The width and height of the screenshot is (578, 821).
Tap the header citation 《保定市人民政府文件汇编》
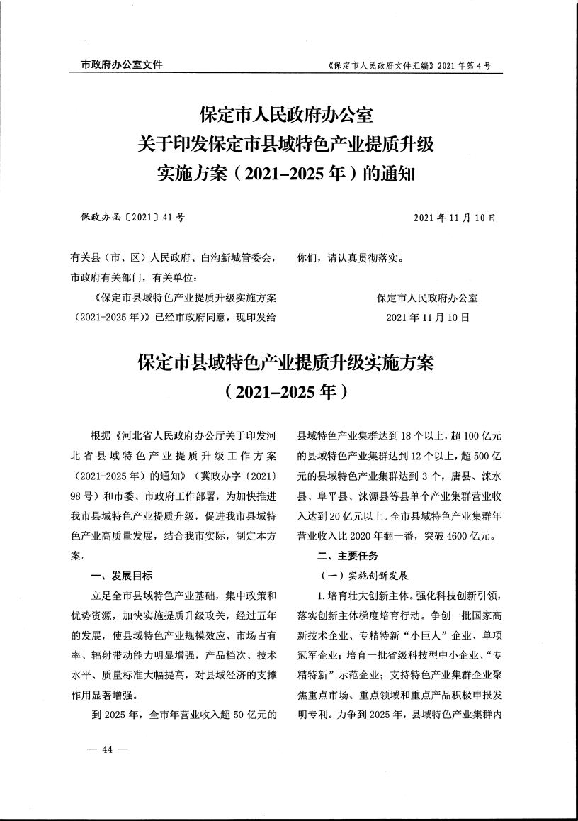click(379, 66)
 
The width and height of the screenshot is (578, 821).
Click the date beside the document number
click(455, 217)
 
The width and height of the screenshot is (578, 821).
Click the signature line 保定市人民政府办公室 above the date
click(427, 298)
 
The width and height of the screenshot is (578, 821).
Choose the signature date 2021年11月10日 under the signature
click(428, 317)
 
